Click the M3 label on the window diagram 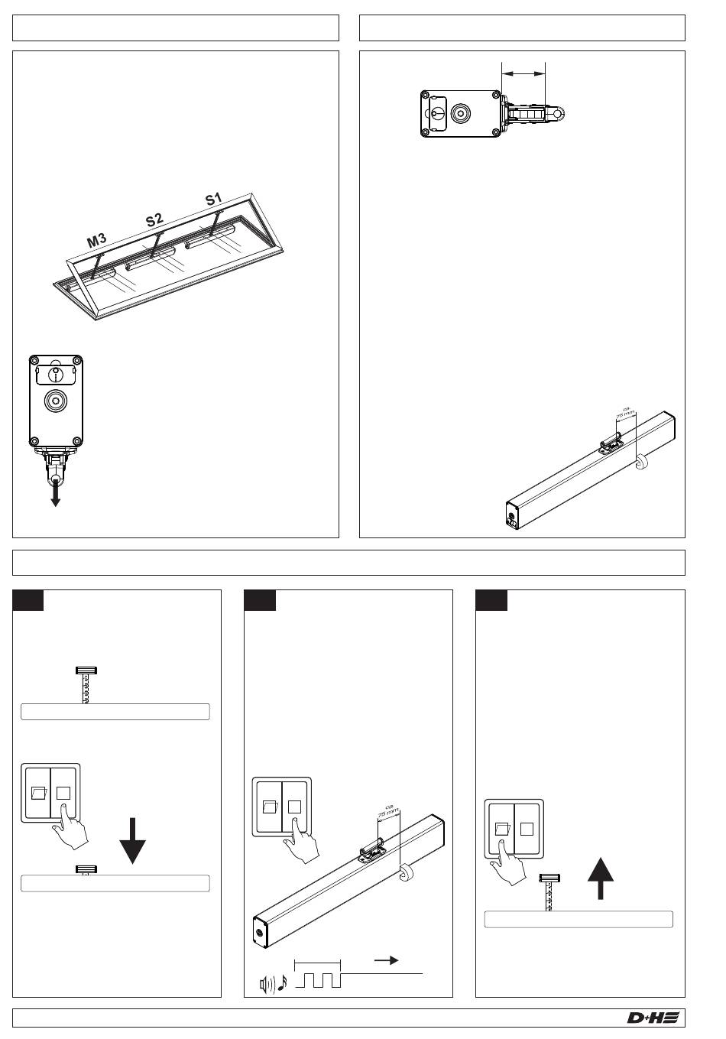(96, 242)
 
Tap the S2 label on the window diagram (155, 220)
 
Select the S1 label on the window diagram (213, 200)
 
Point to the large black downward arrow (133, 840)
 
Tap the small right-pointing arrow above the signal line (386, 961)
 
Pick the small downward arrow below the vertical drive (56, 498)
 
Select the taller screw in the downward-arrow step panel (85, 683)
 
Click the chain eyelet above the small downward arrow (56, 480)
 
